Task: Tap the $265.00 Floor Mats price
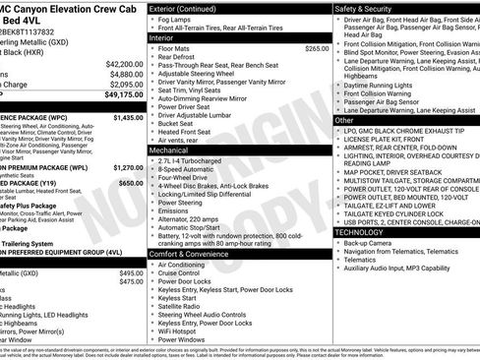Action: [x=317, y=48]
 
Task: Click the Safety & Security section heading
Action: [x=375, y=8]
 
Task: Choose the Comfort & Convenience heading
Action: [x=197, y=254]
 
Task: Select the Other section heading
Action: [x=345, y=120]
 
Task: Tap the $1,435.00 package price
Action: [x=128, y=117]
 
